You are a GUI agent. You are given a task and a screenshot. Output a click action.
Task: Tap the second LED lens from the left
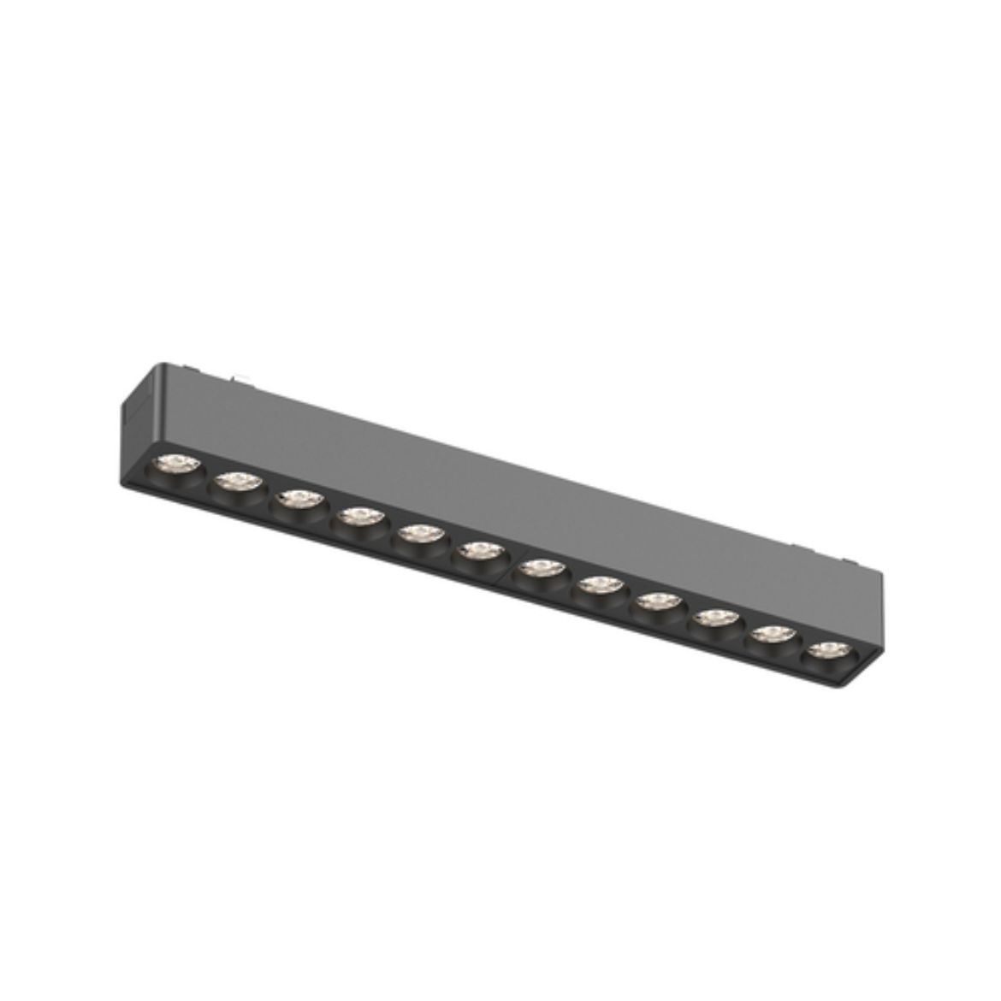coord(233,483)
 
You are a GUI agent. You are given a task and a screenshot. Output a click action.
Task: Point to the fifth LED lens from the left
coord(418,533)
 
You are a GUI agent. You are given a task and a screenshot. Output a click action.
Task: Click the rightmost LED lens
coord(825,649)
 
